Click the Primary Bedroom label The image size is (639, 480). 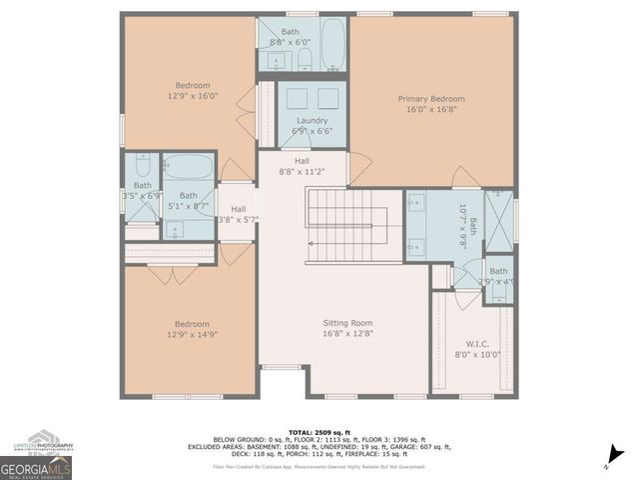coord(431,99)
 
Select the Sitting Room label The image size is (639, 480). coord(347,323)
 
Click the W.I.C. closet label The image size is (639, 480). coord(476,342)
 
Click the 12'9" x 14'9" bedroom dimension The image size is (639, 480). coord(192,336)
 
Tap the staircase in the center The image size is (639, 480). coord(346,225)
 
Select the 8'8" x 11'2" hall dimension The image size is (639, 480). coord(302,172)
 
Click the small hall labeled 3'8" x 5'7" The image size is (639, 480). coord(239,214)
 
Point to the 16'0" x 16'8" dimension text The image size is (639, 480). coord(431,111)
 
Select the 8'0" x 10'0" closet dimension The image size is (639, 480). coord(476,354)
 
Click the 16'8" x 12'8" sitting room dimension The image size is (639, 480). coord(347,335)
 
